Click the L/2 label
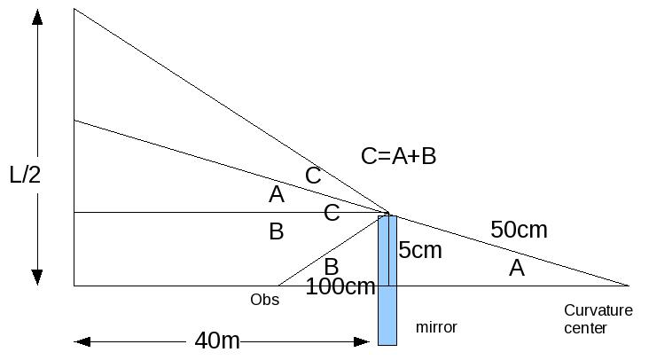point(26,174)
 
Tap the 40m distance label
point(217,340)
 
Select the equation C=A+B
point(398,156)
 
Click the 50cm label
point(519,231)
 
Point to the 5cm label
point(419,251)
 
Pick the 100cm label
point(340,287)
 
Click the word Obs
point(264,300)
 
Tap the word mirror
point(436,327)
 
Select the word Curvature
point(598,310)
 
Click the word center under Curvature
point(586,328)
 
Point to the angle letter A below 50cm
point(516,268)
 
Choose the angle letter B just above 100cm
point(331,266)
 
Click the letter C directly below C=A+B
point(313,176)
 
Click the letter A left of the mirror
point(276,194)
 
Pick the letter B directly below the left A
point(276,232)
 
